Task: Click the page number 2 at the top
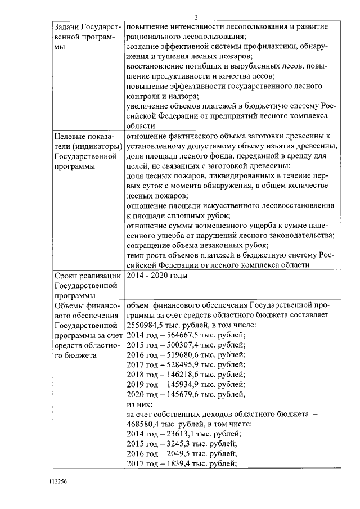(196, 17)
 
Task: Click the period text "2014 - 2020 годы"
(157, 276)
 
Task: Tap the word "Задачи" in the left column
(66, 28)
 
